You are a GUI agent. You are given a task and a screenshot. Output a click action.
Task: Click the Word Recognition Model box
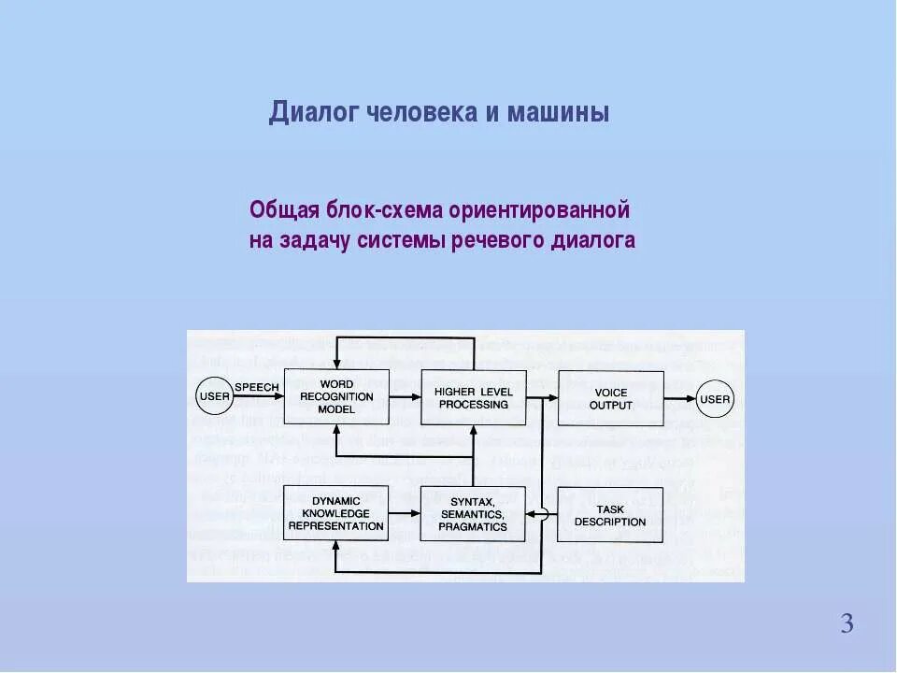tap(336, 397)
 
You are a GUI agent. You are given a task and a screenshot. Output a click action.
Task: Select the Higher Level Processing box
tap(474, 397)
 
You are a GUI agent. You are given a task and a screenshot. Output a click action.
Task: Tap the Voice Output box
tap(611, 398)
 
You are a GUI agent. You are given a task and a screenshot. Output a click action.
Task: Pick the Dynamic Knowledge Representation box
tap(336, 513)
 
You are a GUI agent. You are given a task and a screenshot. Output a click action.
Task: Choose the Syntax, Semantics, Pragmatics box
tap(474, 514)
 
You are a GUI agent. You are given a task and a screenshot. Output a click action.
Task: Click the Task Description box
tap(611, 514)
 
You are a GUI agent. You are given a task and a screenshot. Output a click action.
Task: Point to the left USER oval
tap(214, 397)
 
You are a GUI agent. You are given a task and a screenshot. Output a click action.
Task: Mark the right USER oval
tap(716, 399)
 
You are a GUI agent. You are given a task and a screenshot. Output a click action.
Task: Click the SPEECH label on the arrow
tap(256, 386)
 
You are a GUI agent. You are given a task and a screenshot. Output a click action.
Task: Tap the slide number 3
tap(847, 623)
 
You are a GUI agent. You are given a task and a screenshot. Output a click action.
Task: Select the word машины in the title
tap(558, 113)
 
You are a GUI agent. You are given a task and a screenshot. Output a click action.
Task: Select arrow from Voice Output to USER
tap(680, 399)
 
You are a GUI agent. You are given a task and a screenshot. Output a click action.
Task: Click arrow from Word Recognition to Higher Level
tap(405, 397)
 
